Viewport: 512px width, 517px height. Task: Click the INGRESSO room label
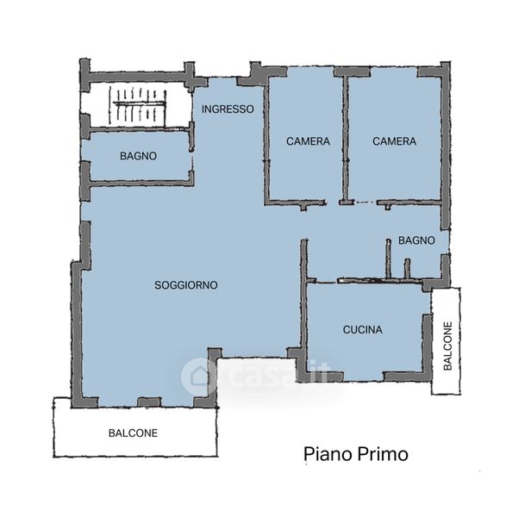[x=228, y=109]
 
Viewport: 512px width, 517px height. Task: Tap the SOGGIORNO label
[x=186, y=285]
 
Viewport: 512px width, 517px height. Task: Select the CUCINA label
[x=363, y=330]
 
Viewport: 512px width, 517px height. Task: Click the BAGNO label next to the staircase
[x=138, y=156]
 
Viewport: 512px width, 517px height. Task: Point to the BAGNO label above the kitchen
[x=416, y=240]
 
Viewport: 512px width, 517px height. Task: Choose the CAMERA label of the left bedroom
[x=308, y=141]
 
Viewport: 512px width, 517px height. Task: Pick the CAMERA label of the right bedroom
[x=394, y=141]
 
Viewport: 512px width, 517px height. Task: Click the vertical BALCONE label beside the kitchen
[x=447, y=346]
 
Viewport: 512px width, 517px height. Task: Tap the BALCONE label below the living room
[x=133, y=433]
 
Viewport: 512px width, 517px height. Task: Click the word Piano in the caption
[x=328, y=454]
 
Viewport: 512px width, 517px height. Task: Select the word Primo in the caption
[x=383, y=454]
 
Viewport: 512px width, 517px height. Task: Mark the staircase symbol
[x=138, y=105]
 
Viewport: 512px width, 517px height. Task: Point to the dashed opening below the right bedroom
[x=365, y=202]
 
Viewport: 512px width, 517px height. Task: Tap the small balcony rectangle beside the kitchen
[x=446, y=340]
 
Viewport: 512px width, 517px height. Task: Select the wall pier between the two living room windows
[x=149, y=402]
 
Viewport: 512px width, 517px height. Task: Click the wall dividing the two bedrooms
[x=346, y=139]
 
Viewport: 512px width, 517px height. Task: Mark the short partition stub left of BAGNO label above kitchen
[x=388, y=258]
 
